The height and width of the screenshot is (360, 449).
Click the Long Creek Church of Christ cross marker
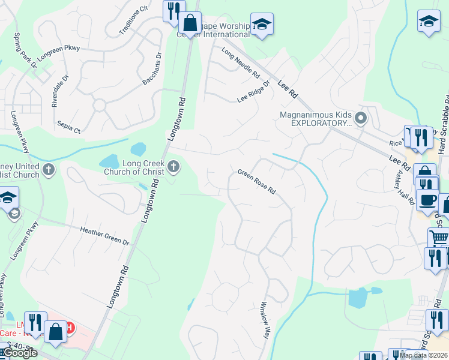pyautogui.click(x=174, y=166)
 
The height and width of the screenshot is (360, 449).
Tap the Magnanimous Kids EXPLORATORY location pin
pyautogui.click(x=360, y=118)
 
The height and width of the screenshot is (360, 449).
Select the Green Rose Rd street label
pyautogui.click(x=256, y=182)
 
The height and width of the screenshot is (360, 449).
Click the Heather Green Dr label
pyautogui.click(x=105, y=235)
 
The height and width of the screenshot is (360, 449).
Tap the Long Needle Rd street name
pyautogui.click(x=240, y=64)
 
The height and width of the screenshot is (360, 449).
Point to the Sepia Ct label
pyautogui.click(x=69, y=127)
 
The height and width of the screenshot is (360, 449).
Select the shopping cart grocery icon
pyautogui.click(x=439, y=238)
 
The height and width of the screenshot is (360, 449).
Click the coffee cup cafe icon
pyautogui.click(x=427, y=200)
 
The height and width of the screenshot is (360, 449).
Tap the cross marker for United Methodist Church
pyautogui.click(x=49, y=170)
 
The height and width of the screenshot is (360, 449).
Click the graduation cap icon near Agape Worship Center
pyautogui.click(x=262, y=24)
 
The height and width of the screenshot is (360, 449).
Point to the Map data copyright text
pyautogui.click(x=423, y=355)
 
